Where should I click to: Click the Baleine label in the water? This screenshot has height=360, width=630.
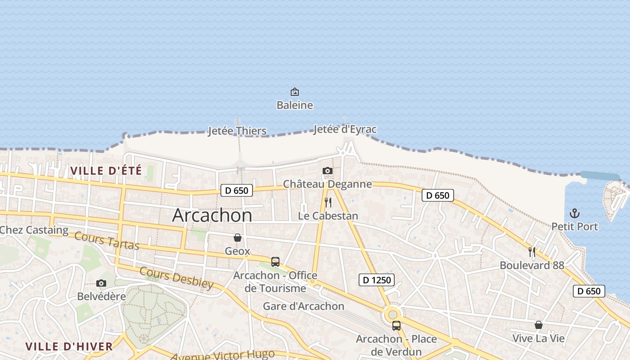click(x=295, y=105)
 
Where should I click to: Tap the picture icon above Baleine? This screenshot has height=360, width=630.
click(x=295, y=92)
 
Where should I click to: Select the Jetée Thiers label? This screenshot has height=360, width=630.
click(x=237, y=131)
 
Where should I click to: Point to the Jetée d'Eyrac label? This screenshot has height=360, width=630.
click(x=345, y=129)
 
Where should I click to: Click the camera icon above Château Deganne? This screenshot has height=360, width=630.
click(x=328, y=171)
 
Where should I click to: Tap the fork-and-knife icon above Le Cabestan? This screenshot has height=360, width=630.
click(x=328, y=202)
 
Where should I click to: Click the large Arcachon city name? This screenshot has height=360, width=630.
click(x=212, y=215)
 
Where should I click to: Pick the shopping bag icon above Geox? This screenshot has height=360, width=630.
click(x=237, y=238)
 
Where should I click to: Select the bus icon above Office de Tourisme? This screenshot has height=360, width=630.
click(x=275, y=261)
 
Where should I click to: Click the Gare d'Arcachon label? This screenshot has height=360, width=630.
click(x=303, y=306)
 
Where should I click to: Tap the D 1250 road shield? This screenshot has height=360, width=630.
click(x=377, y=280)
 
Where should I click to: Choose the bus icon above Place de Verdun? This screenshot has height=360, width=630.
click(x=396, y=325)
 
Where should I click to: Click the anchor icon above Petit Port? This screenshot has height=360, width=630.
click(x=575, y=213)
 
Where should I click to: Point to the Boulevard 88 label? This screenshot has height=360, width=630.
click(x=532, y=265)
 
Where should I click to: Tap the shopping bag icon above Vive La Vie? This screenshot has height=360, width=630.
click(x=538, y=325)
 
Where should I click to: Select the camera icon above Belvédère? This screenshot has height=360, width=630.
click(x=101, y=283)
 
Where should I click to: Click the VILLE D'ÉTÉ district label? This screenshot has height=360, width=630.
click(x=106, y=171)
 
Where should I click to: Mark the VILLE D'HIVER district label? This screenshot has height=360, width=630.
click(x=69, y=346)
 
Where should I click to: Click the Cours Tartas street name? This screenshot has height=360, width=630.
click(x=107, y=240)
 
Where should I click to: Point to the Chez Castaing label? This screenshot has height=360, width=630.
click(x=34, y=230)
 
